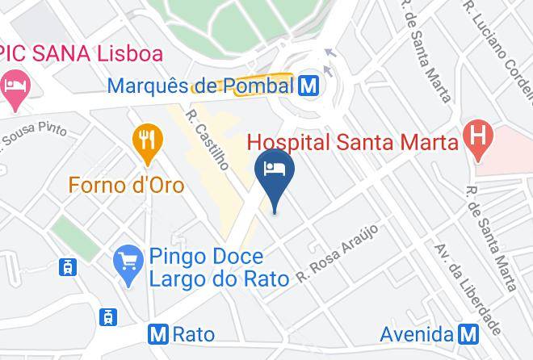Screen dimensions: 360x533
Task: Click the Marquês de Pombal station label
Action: (x=199, y=84)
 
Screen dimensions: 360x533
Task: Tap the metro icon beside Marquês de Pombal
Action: (x=307, y=83)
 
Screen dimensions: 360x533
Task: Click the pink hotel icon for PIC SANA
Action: (x=15, y=88)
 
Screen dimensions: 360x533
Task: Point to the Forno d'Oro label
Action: (x=126, y=185)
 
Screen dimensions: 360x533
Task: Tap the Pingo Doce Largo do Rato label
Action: (x=207, y=268)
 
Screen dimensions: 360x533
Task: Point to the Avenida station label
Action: (x=417, y=333)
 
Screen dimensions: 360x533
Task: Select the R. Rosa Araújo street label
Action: (x=337, y=253)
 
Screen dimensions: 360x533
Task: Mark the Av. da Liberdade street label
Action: (x=468, y=289)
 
